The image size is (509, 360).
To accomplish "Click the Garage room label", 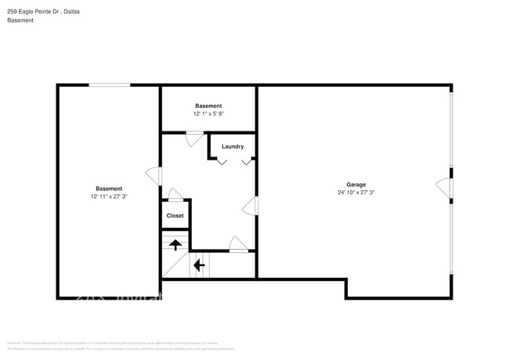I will [x=356, y=185].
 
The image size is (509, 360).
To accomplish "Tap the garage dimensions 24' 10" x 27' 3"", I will [x=356, y=193].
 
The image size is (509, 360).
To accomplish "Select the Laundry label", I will [x=233, y=146].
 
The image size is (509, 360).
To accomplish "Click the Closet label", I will [x=175, y=215].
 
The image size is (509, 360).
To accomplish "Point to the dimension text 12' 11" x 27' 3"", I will [x=109, y=196].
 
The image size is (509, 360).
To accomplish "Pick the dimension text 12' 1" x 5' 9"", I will [x=208, y=113].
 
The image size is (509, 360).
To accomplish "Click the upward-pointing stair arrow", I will [x=175, y=244].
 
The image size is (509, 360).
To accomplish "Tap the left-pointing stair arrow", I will [x=199, y=265].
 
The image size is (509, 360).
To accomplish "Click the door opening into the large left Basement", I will [x=153, y=175].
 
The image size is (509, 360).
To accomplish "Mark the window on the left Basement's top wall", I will [x=109, y=85].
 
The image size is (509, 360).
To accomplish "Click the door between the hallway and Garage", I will [x=251, y=207].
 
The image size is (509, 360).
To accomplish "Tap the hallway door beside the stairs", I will [x=238, y=245].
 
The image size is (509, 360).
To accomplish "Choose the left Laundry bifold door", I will [x=222, y=161].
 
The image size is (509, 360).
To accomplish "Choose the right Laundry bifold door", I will [x=247, y=161].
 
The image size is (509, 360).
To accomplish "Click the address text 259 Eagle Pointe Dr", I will [x=32, y=12].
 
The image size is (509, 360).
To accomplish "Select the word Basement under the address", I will [x=20, y=21].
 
